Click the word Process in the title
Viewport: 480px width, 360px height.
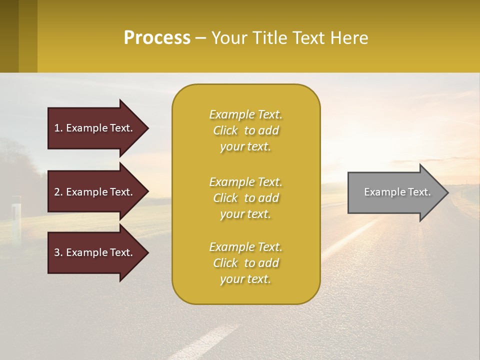click(x=157, y=38)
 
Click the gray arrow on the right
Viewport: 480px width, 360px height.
click(x=395, y=192)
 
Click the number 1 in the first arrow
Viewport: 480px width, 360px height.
click(x=57, y=128)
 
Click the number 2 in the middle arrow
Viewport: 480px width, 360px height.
click(x=57, y=192)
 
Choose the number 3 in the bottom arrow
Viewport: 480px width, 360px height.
click(x=57, y=252)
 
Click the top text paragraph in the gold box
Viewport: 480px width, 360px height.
click(x=245, y=130)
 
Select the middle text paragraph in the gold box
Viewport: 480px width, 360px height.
click(x=245, y=198)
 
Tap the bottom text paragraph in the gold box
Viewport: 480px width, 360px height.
click(x=245, y=263)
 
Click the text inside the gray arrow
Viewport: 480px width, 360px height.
click(x=397, y=192)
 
